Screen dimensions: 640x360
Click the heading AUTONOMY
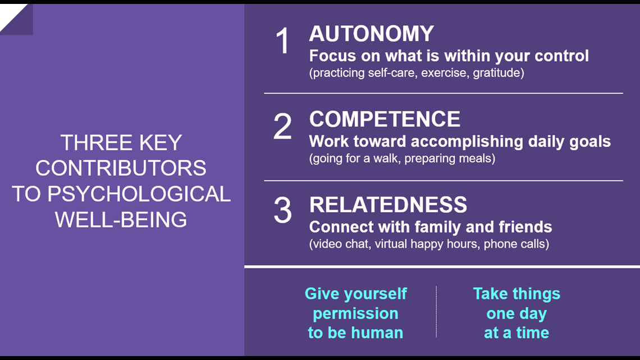(x=372, y=34)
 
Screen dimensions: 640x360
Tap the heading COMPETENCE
(x=385, y=119)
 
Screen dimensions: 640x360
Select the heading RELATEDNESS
(x=388, y=205)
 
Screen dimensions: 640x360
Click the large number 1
(x=282, y=41)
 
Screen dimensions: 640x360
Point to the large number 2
(x=282, y=126)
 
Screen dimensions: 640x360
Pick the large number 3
(x=282, y=211)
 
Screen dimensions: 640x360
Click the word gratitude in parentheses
(x=499, y=73)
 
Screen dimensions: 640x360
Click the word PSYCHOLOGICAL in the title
(x=139, y=194)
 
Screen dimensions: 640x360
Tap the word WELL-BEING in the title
(x=121, y=220)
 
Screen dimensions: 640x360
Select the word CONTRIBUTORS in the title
(x=121, y=168)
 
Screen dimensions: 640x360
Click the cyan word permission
(x=355, y=314)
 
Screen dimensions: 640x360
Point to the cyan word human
(x=376, y=332)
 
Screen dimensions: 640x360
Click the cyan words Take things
(x=516, y=294)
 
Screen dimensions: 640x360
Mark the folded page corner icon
(x=16, y=19)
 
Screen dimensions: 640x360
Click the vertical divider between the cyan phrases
(x=436, y=312)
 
